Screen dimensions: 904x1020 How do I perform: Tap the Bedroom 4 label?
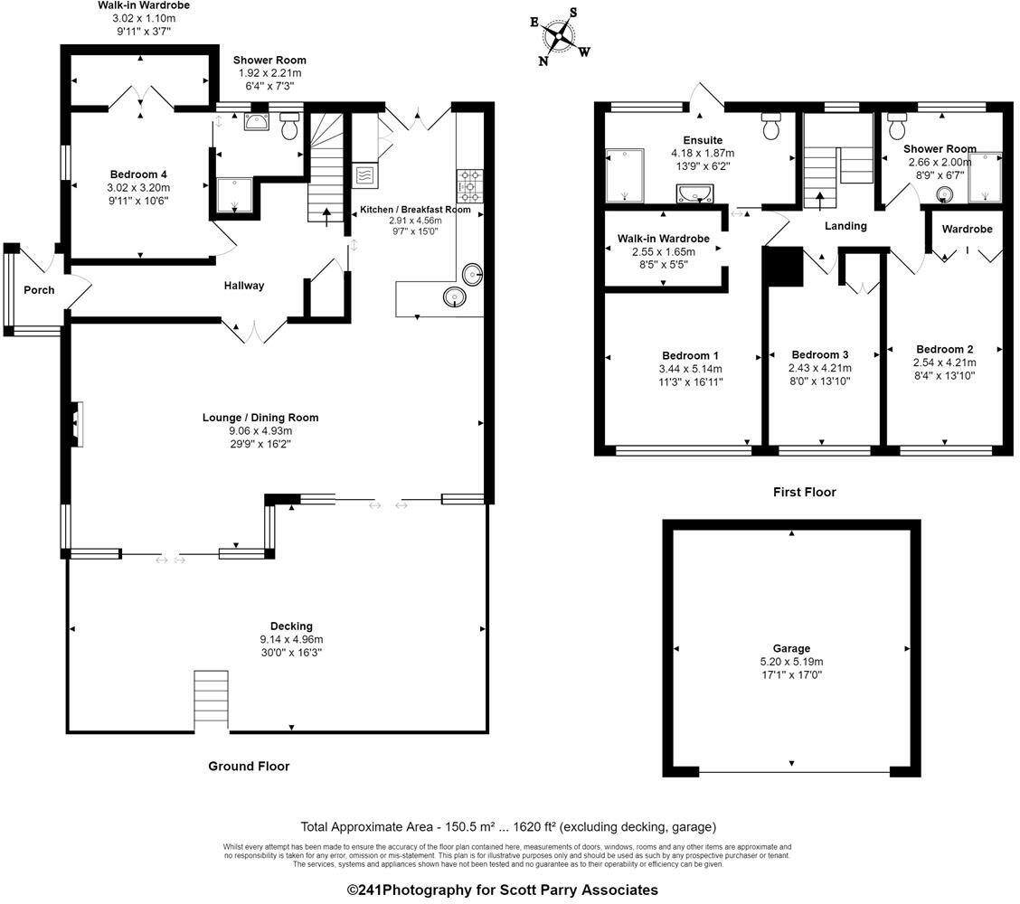(x=138, y=174)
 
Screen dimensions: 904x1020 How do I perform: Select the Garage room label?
(x=791, y=648)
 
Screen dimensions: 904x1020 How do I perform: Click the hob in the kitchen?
(x=470, y=185)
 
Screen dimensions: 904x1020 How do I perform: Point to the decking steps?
(x=212, y=700)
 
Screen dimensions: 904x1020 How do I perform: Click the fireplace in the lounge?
(x=77, y=423)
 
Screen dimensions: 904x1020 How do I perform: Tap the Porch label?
(x=39, y=290)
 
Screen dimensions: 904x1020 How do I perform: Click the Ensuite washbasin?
(x=694, y=193)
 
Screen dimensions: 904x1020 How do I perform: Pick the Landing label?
(x=845, y=226)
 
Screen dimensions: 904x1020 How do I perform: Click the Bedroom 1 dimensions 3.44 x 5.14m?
(x=691, y=369)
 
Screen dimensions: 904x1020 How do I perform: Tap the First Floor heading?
(x=804, y=493)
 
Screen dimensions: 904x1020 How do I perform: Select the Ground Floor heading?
(x=249, y=767)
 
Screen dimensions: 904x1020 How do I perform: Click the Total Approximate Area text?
(x=508, y=826)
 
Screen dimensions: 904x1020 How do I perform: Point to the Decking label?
(x=291, y=626)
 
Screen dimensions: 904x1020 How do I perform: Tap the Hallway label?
(x=244, y=286)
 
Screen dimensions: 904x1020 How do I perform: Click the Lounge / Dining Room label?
(x=260, y=418)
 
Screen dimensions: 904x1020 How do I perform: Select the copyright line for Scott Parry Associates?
(x=503, y=890)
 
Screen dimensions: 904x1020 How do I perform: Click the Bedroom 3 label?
(x=820, y=354)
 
